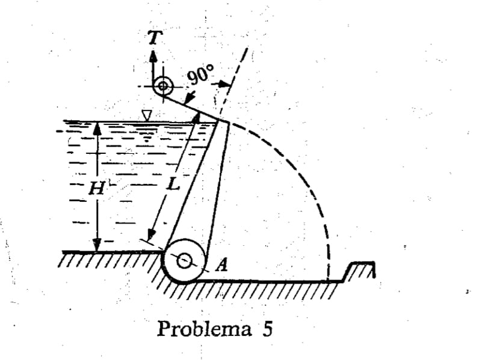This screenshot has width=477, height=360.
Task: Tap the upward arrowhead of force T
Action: click(x=153, y=56)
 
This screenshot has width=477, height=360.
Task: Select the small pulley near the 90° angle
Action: click(x=163, y=86)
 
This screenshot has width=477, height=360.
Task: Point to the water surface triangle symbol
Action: click(x=147, y=115)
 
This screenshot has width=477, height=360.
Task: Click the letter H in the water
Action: click(x=97, y=189)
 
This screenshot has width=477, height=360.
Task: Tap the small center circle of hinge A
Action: click(x=184, y=261)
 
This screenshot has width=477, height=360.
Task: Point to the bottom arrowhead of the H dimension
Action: click(x=97, y=245)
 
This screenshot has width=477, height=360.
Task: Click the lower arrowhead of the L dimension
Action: click(x=151, y=236)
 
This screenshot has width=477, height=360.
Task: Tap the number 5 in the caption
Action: click(x=267, y=329)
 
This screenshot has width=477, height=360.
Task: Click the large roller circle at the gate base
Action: click(x=184, y=261)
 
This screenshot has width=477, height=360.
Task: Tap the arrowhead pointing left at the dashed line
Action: click(x=225, y=84)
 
